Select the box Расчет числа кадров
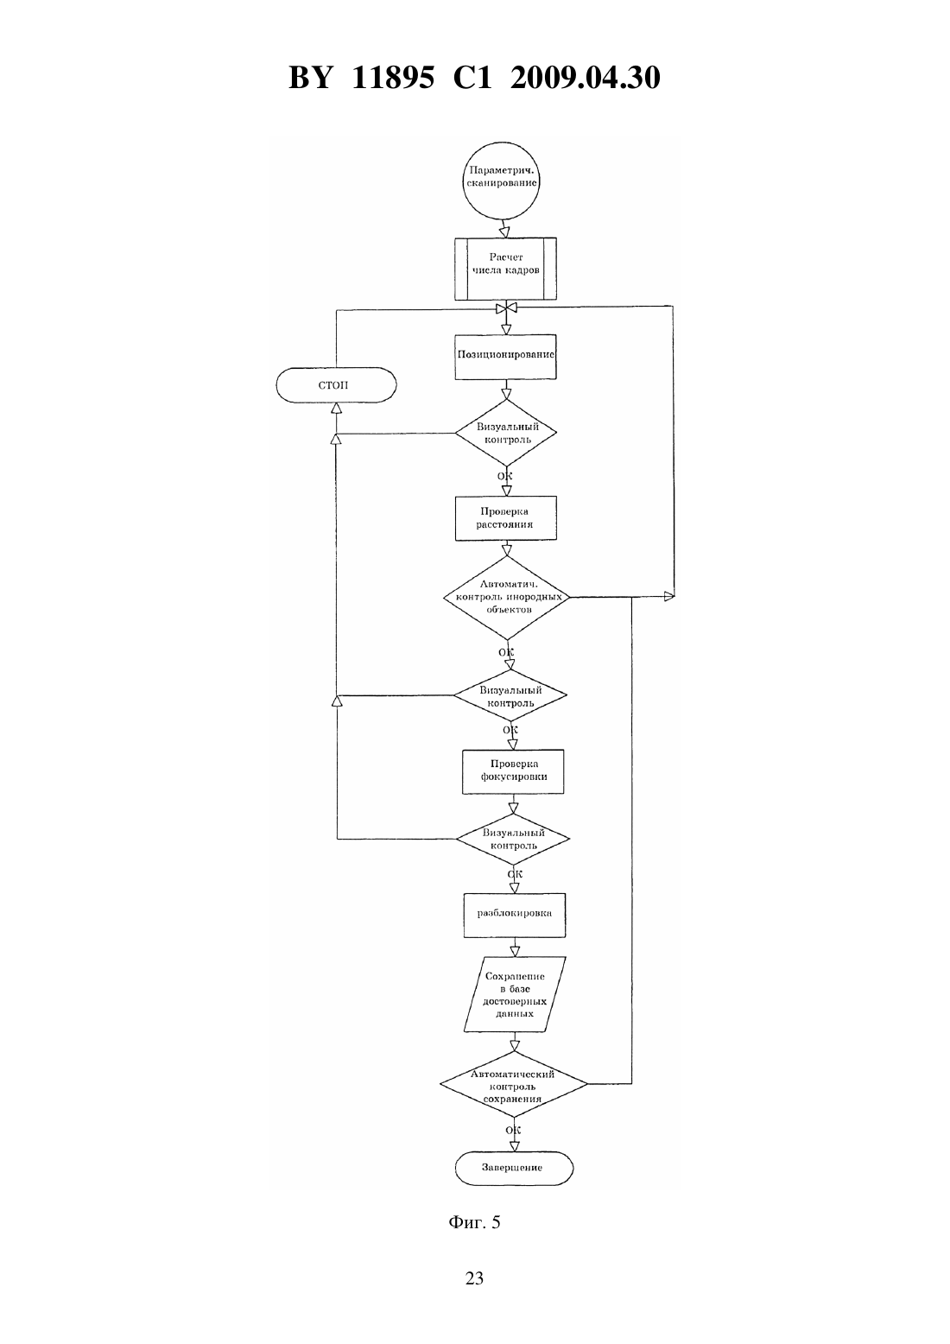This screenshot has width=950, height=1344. point(505,269)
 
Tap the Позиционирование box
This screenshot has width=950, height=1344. point(505,357)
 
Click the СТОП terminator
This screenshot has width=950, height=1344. point(336,384)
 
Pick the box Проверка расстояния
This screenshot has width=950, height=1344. point(505,517)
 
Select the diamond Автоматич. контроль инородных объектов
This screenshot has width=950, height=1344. point(507,598)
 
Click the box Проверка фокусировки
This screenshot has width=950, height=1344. point(513,771)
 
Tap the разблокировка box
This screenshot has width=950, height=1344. point(515,915)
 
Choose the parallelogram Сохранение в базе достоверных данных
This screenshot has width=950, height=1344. point(516,994)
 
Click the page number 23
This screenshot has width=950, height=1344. point(474,1278)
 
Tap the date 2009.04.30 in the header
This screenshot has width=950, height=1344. point(586,78)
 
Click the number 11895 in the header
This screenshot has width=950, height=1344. point(393,78)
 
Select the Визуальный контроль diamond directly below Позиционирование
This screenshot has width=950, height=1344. point(505,433)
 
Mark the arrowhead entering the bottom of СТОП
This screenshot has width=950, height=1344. point(336,408)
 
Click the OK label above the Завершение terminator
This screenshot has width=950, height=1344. point(513,1130)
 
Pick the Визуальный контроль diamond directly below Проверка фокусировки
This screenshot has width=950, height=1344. point(513,839)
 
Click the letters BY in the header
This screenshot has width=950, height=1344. point(310,78)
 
